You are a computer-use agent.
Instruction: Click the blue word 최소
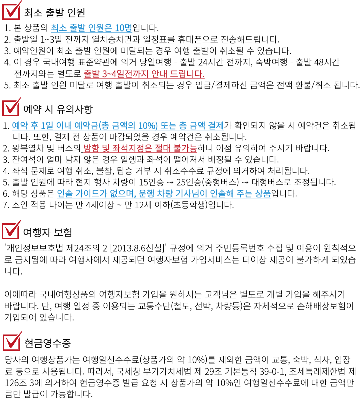59,28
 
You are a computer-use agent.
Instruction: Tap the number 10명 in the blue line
123,28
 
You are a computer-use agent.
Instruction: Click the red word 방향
91,148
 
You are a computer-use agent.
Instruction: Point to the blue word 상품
263,194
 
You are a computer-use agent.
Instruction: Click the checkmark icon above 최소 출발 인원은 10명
12,11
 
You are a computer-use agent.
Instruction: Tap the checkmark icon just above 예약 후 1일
11,107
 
